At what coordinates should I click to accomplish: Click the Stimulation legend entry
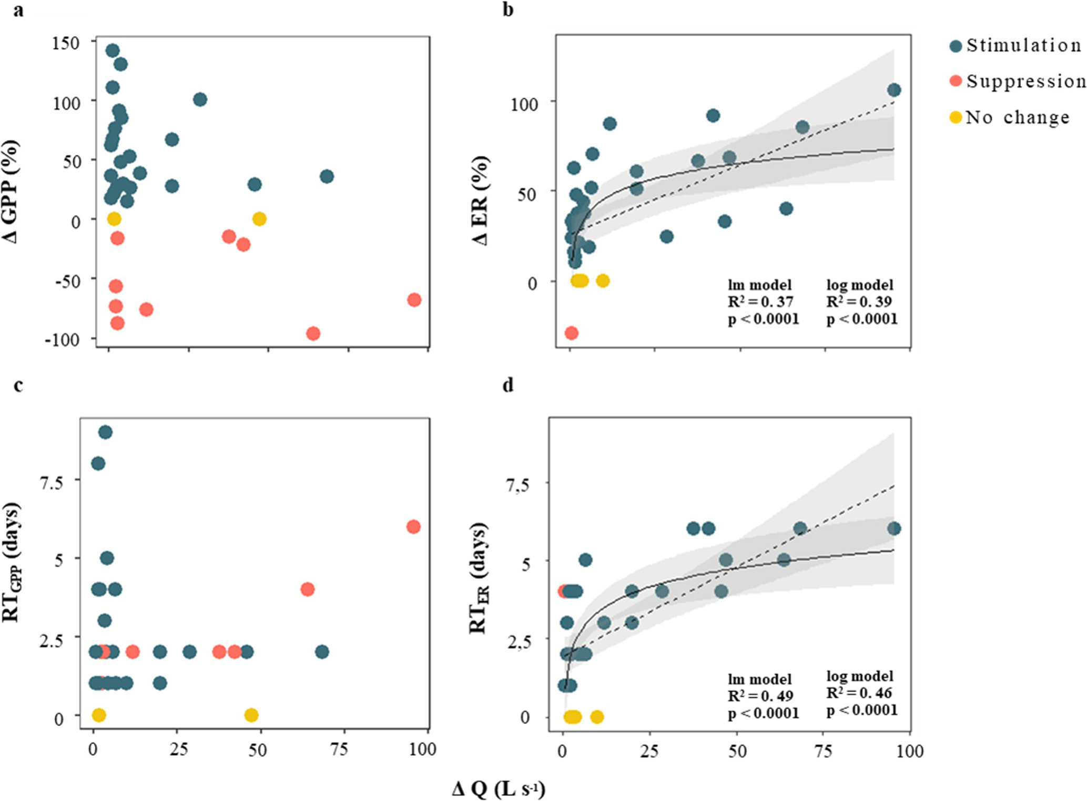[x=1016, y=46]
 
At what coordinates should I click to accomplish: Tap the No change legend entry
[x=1010, y=117]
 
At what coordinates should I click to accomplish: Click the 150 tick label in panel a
[x=66, y=43]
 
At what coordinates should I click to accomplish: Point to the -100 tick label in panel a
[x=62, y=340]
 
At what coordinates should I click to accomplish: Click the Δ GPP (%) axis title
[x=11, y=192]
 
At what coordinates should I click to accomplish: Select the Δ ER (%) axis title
[x=480, y=201]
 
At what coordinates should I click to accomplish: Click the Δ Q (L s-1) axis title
[x=498, y=789]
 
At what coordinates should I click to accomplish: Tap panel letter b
[x=508, y=9]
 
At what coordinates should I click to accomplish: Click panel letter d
[x=508, y=385]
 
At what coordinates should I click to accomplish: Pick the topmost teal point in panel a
[x=112, y=51]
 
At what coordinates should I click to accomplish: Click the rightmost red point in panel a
[x=414, y=300]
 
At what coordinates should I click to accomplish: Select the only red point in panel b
[x=572, y=333]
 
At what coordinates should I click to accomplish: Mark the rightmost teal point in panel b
[x=894, y=90]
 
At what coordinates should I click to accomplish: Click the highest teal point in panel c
[x=105, y=432]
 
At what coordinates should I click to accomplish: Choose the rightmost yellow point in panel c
[x=251, y=715]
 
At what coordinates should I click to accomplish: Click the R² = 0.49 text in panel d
[x=760, y=696]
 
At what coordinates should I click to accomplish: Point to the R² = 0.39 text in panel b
[x=859, y=302]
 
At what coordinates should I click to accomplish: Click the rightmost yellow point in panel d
[x=596, y=716]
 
